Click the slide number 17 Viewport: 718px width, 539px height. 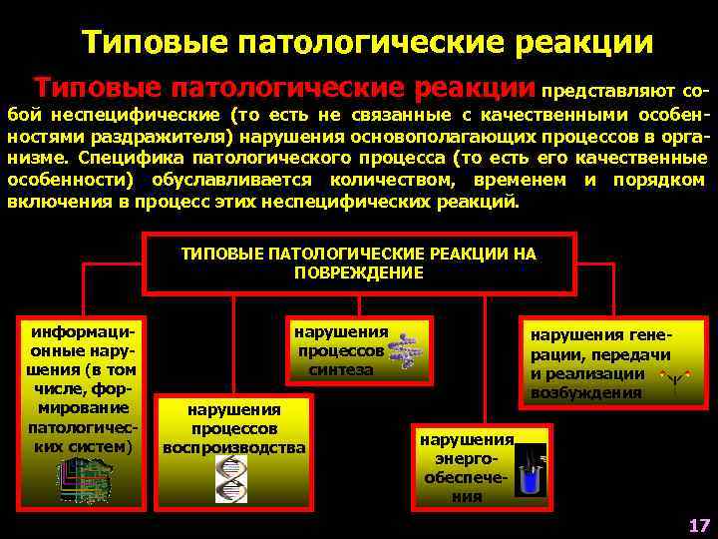coord(698,524)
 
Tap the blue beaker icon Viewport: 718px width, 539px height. coord(531,469)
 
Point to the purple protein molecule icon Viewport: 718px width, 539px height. coord(405,347)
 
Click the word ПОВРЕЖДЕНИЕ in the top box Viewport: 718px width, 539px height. coord(359,272)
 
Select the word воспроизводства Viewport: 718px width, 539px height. coord(234,447)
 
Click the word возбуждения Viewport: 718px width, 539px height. coord(586,392)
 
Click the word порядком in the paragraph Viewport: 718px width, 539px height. coord(668,181)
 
